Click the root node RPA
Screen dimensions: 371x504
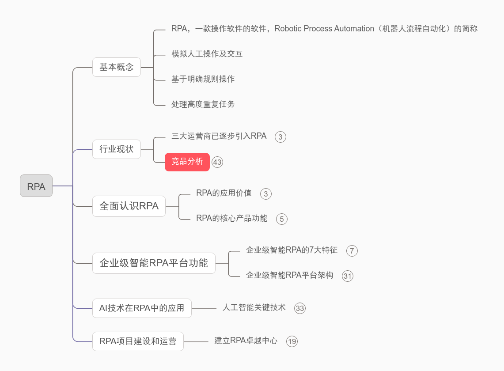click(x=36, y=186)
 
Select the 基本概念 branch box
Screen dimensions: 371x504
click(x=117, y=67)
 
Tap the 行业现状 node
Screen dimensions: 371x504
click(x=117, y=149)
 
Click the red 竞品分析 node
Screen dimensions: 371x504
click(x=187, y=162)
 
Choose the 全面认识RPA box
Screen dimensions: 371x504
click(x=129, y=206)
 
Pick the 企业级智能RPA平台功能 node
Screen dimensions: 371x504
click(x=154, y=263)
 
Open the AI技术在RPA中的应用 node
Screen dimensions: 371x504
click(x=142, y=308)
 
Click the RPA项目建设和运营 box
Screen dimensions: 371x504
click(x=138, y=341)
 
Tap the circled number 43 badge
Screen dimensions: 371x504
click(x=217, y=162)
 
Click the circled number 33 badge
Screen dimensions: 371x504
click(x=300, y=308)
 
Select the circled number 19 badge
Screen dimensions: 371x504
click(x=292, y=341)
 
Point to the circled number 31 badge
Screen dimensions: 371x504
click(x=348, y=276)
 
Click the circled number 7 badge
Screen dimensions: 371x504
click(x=352, y=251)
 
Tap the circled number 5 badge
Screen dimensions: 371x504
click(x=282, y=219)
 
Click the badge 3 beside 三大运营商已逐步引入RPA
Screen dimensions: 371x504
click(x=280, y=137)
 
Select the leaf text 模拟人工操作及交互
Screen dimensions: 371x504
click(x=207, y=54)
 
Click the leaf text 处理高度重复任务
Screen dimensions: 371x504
click(x=203, y=104)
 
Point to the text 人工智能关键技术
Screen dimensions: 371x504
click(x=254, y=307)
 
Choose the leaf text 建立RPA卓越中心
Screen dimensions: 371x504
click(x=246, y=341)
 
